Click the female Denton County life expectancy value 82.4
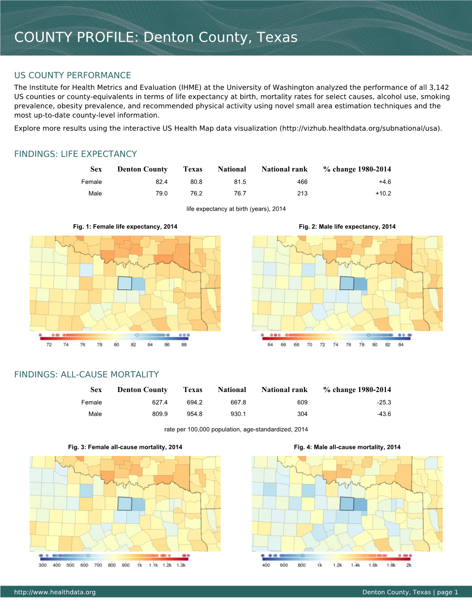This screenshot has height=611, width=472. pyautogui.click(x=161, y=182)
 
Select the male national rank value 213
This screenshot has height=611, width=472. pyautogui.click(x=302, y=193)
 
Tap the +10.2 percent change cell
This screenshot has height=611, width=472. pyautogui.click(x=383, y=193)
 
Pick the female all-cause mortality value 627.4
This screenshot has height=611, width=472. pyautogui.click(x=160, y=403)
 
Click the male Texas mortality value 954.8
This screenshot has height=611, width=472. pyautogui.click(x=194, y=414)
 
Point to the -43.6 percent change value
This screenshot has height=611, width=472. pyautogui.click(x=384, y=414)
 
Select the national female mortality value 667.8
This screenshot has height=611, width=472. pyautogui.click(x=238, y=403)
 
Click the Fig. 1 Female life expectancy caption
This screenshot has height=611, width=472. pyautogui.click(x=125, y=227)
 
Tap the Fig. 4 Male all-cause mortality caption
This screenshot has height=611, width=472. pyautogui.click(x=347, y=447)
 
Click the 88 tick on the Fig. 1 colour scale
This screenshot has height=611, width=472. pyautogui.click(x=184, y=345)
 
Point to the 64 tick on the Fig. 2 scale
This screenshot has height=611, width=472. pyautogui.click(x=270, y=345)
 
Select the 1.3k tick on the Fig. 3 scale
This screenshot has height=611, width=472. pyautogui.click(x=181, y=565)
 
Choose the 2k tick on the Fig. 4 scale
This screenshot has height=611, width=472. pyautogui.click(x=409, y=565)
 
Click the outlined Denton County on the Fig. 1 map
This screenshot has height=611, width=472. pyautogui.click(x=124, y=283)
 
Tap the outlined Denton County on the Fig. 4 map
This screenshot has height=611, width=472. pyautogui.click(x=347, y=504)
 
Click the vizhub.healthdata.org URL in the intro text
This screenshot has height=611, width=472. pyautogui.click(x=360, y=128)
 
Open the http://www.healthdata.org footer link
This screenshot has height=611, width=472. pyautogui.click(x=55, y=592)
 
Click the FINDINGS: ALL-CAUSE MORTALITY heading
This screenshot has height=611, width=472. pyautogui.click(x=87, y=374)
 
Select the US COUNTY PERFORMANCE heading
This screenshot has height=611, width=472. pyautogui.click(x=73, y=75)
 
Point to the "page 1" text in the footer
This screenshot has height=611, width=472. pyautogui.click(x=447, y=592)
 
